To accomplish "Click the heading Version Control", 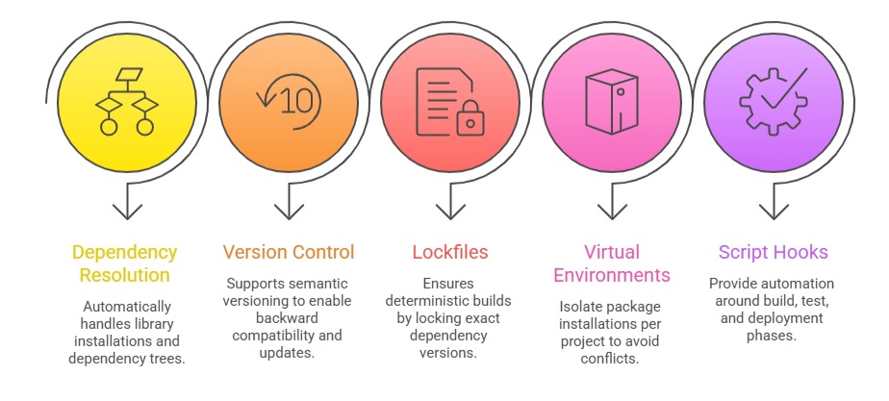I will [288, 253].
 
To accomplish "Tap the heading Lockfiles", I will [449, 253].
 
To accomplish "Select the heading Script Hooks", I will [773, 253].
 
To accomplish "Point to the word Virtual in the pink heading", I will [612, 253].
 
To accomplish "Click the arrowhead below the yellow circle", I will [127, 210].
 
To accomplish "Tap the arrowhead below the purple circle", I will [774, 210].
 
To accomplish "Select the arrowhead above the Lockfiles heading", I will [449, 210].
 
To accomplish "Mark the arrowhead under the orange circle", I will [289, 210].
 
